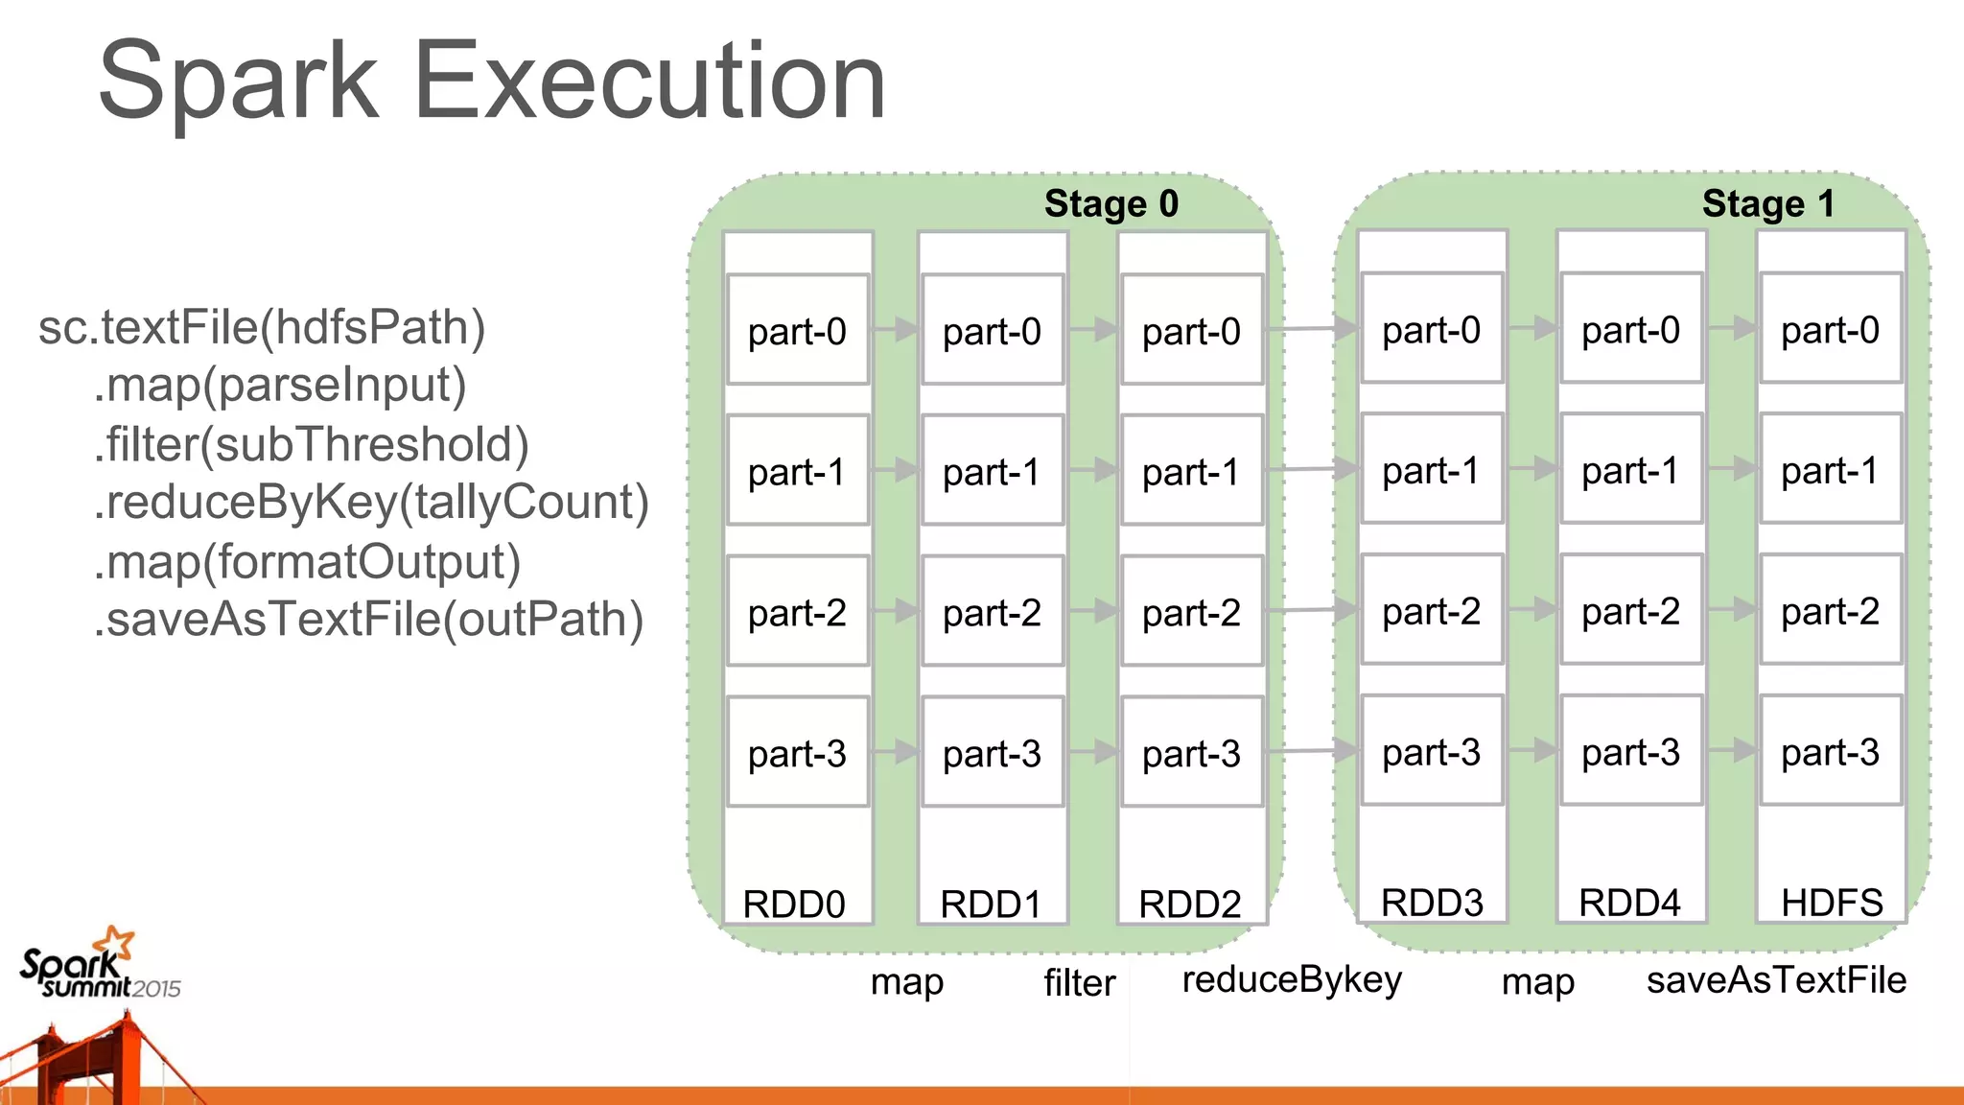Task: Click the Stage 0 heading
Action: [x=1111, y=203]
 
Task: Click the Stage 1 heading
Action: [x=1767, y=203]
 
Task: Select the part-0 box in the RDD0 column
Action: [x=797, y=331]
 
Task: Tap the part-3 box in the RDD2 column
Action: [x=1191, y=753]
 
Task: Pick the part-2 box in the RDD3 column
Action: [x=1431, y=611]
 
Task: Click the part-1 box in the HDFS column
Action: [x=1830, y=470]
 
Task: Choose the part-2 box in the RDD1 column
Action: [x=992, y=612]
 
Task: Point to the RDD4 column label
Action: [x=1629, y=902]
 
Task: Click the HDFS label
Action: [x=1831, y=902]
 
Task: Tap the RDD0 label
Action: [x=794, y=904]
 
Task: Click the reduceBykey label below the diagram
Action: [x=1292, y=979]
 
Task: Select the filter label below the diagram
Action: [x=1080, y=982]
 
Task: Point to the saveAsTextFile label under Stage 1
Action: [x=1776, y=979]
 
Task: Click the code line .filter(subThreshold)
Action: [x=312, y=444]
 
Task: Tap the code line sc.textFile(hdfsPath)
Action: [x=262, y=327]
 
